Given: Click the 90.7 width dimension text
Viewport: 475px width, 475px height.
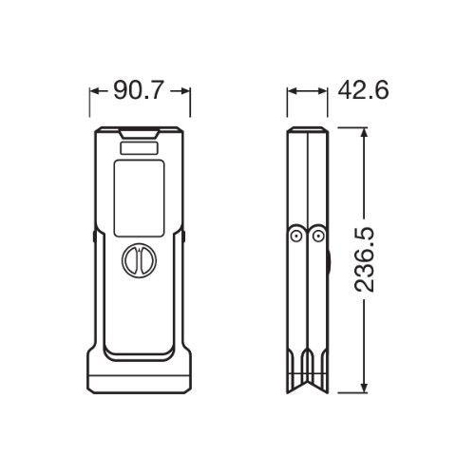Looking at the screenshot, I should coord(140,91).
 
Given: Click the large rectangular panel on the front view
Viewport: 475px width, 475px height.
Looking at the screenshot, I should coord(141,199).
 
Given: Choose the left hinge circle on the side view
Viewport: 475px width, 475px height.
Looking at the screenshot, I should coord(297,236).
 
